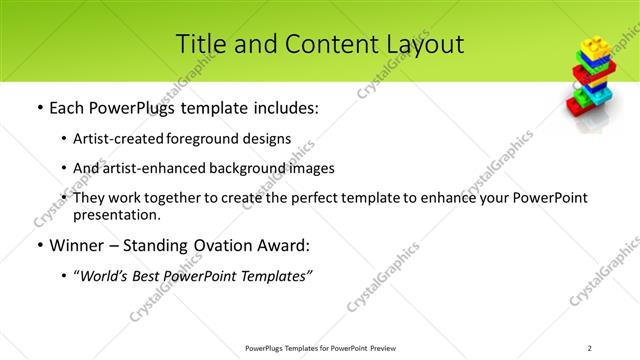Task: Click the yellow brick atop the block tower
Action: pos(593,46)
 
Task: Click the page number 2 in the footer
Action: pos(590,348)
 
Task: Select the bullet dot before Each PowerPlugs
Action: pos(39,106)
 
